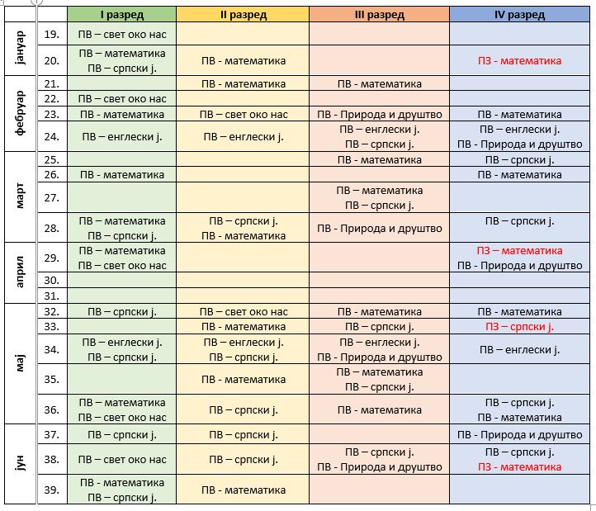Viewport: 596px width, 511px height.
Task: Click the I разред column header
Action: (x=122, y=15)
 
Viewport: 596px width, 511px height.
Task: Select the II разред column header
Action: (x=243, y=15)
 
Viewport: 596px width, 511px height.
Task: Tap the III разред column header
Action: (x=380, y=15)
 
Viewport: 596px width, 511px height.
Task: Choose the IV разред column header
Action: (x=519, y=15)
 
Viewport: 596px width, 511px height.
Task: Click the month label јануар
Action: (x=20, y=48)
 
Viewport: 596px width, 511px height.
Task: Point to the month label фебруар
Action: (x=20, y=113)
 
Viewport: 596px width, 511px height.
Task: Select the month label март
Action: (x=20, y=196)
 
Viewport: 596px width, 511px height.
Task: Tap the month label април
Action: (x=20, y=272)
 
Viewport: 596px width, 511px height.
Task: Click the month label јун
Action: (x=20, y=463)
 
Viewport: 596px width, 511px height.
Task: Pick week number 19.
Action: (x=52, y=34)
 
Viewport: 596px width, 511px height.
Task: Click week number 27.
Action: (x=52, y=197)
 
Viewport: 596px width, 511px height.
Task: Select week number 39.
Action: (x=52, y=490)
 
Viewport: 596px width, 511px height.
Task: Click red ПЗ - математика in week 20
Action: (x=519, y=61)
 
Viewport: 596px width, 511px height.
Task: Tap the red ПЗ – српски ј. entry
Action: (x=519, y=327)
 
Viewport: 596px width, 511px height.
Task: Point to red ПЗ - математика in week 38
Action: (x=519, y=467)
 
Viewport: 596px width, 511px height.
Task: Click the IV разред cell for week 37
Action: (x=519, y=434)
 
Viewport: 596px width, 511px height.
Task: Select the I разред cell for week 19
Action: (x=122, y=34)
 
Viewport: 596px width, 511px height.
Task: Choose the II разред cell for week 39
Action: (x=243, y=490)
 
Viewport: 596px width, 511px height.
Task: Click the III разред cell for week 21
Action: (x=380, y=83)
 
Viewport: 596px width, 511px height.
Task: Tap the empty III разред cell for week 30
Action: (x=380, y=280)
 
